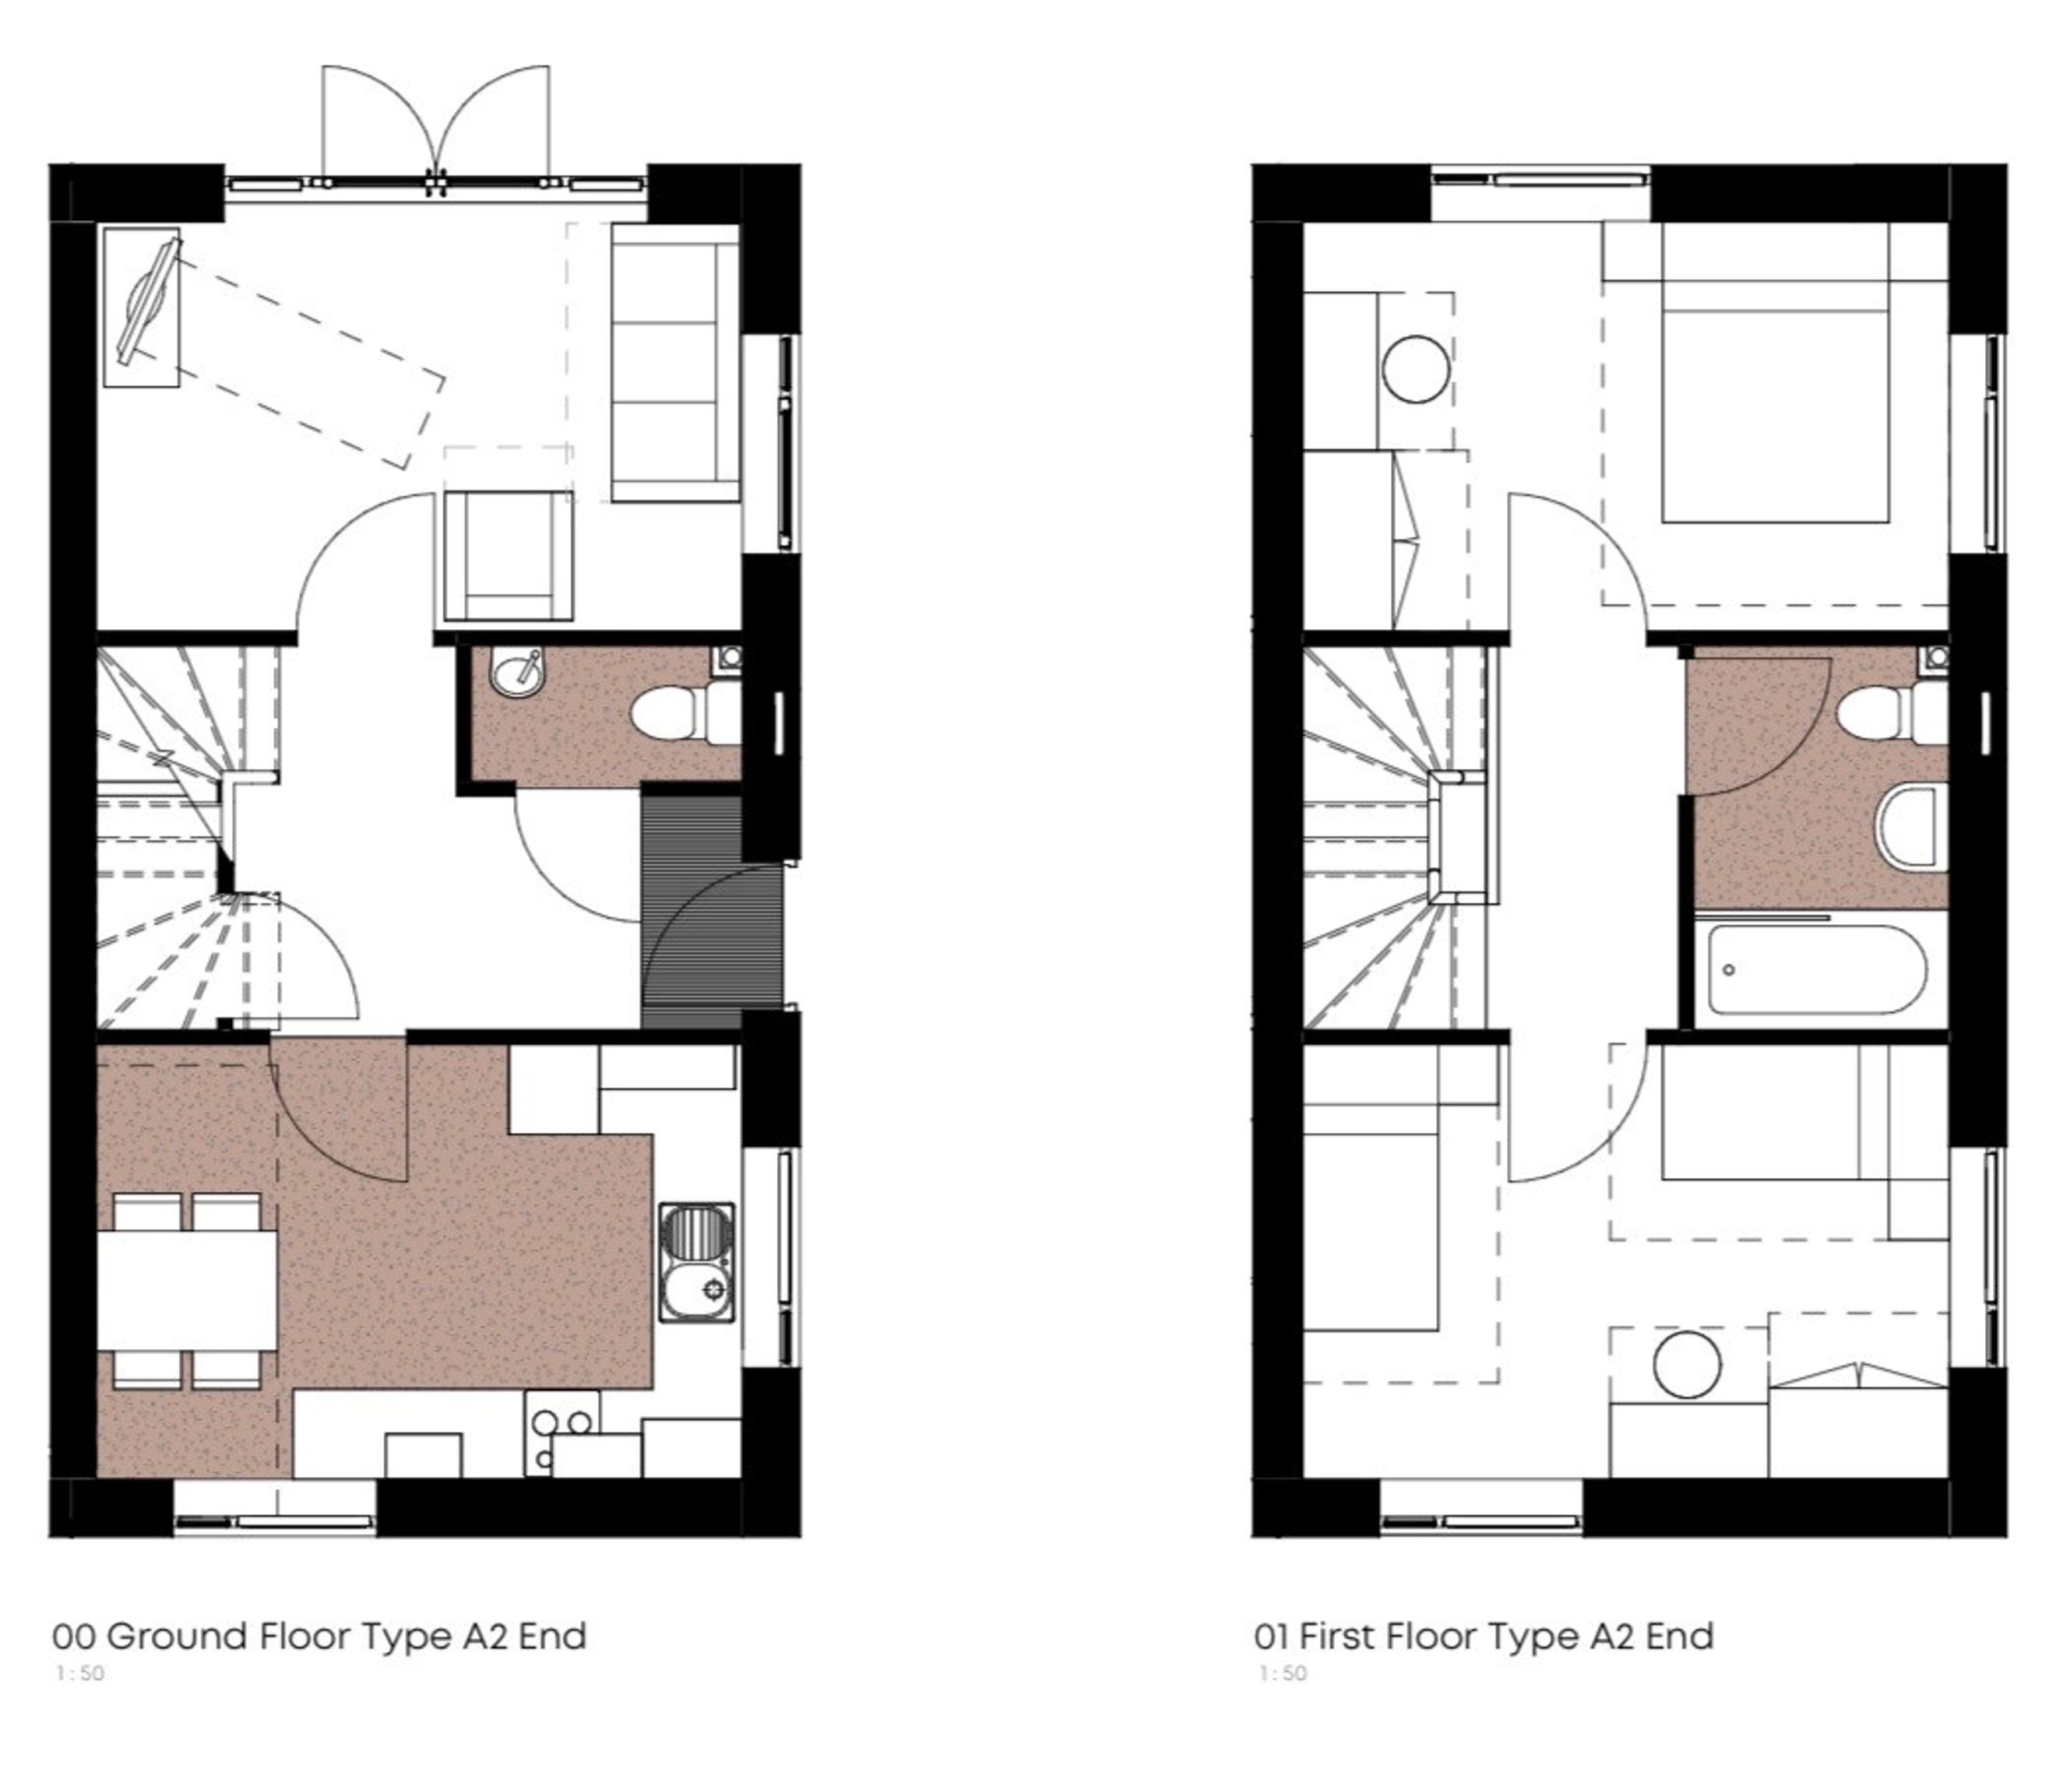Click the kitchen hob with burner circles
[x=562, y=1433]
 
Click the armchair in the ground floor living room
[x=508, y=556]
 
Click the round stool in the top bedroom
[x=1416, y=369]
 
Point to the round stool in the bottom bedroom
[x=1687, y=1364]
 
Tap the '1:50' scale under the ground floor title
[x=80, y=1674]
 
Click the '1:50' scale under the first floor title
[x=1283, y=1674]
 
